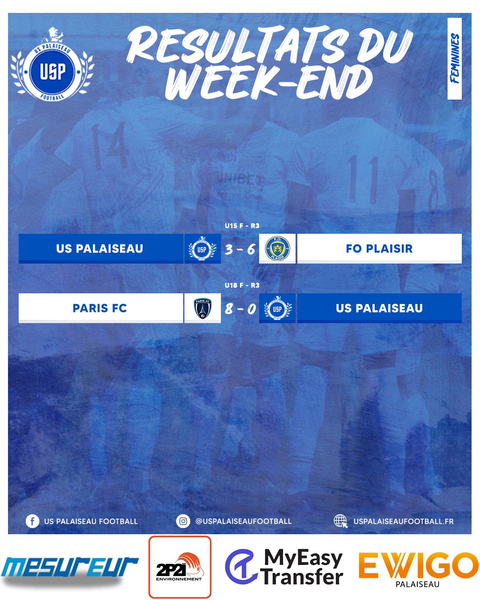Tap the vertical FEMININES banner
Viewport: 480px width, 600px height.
[454, 59]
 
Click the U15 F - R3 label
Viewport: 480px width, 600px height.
[242, 226]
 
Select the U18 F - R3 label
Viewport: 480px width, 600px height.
[242, 285]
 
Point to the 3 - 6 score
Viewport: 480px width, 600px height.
[240, 249]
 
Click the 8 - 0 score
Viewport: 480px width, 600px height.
[240, 308]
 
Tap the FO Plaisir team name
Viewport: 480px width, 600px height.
[379, 248]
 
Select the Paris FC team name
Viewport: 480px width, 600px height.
[100, 308]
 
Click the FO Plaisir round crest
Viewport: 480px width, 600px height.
[277, 248]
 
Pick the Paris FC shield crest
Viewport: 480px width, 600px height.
[203, 308]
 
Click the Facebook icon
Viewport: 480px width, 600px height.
[32, 521]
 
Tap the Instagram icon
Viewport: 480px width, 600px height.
[183, 521]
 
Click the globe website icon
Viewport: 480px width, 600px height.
[341, 521]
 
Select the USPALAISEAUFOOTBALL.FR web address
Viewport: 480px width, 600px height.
[403, 521]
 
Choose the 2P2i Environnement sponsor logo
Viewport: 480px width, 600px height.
[180, 567]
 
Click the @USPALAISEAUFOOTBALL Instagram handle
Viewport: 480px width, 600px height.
[244, 521]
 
